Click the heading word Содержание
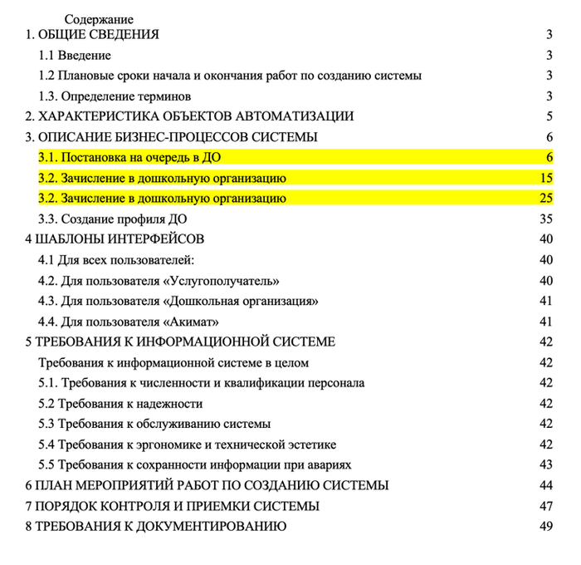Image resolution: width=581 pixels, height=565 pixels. point(99,19)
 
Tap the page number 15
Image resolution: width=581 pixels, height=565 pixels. point(545,178)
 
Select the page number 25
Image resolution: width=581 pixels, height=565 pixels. point(545,199)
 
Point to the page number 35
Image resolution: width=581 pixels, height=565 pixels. point(545,219)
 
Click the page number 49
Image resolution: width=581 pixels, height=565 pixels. point(545,526)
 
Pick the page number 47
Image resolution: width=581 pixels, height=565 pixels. point(545,506)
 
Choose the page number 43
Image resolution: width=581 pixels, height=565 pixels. point(545,464)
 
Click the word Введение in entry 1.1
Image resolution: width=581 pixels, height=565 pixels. point(85,56)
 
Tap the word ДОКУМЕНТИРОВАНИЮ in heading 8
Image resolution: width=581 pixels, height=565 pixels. point(206,526)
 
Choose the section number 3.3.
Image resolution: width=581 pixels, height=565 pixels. point(49,219)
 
